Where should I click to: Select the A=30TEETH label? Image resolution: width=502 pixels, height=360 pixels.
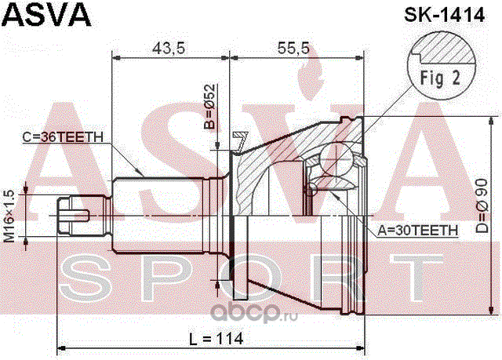pos(414,230)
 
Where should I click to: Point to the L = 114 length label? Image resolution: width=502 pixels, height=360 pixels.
pos(214,338)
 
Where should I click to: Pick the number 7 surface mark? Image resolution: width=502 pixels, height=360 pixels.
pos(239,140)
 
